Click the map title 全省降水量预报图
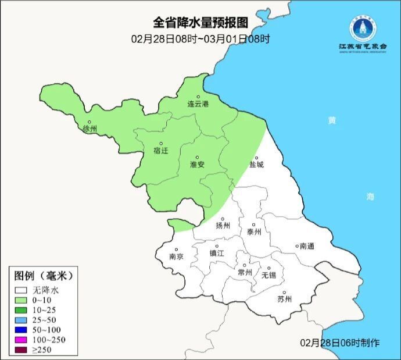(x=201, y=22)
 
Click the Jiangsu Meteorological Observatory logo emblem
(x=363, y=26)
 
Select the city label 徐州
(x=90, y=129)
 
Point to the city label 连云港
(x=198, y=104)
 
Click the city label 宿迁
(x=161, y=151)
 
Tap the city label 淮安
(x=197, y=165)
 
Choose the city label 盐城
(x=256, y=165)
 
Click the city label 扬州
(x=223, y=226)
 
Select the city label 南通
(x=306, y=247)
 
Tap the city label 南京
(x=176, y=256)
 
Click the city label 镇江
(x=217, y=253)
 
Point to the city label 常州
(x=245, y=272)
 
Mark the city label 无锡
(x=269, y=275)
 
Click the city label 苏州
(x=284, y=300)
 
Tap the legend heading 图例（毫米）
(x=44, y=276)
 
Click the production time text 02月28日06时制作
(x=340, y=343)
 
